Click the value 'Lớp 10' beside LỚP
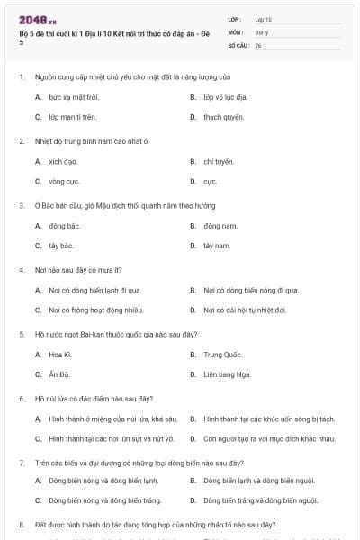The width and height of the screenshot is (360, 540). pyautogui.click(x=264, y=19)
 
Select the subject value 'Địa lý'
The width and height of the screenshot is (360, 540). pyautogui.click(x=262, y=31)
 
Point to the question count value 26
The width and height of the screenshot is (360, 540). pyautogui.click(x=258, y=44)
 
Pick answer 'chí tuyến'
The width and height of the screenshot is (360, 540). pyautogui.click(x=219, y=161)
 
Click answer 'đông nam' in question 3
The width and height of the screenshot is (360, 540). pyautogui.click(x=219, y=226)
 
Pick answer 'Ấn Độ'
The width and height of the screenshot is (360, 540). pyautogui.click(x=59, y=374)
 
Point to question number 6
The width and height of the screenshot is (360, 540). pyautogui.click(x=21, y=398)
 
